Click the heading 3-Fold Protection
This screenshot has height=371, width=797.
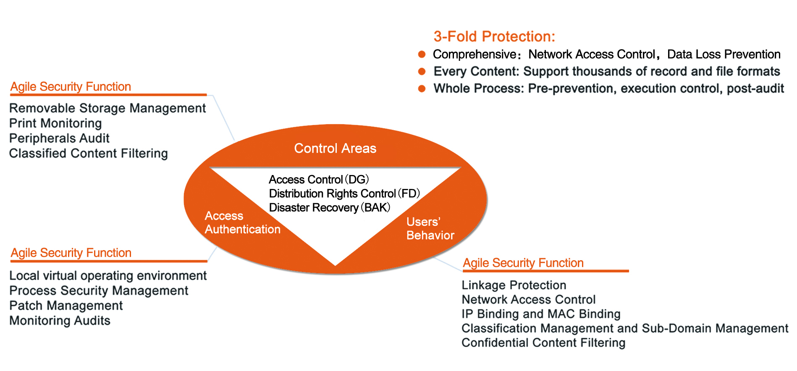(x=494, y=37)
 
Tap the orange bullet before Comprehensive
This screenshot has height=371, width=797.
(x=422, y=54)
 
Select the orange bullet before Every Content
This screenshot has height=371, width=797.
(x=422, y=71)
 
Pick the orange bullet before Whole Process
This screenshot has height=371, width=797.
(x=422, y=89)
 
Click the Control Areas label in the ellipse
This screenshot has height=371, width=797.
(x=335, y=148)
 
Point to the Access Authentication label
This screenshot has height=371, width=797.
(x=242, y=222)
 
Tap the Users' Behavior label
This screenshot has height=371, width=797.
(x=430, y=228)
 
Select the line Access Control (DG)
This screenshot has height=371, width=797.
(x=319, y=180)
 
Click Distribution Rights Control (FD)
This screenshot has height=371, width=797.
(x=344, y=193)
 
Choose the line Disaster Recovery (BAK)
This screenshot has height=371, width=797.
(x=330, y=207)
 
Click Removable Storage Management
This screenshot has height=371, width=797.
(x=107, y=108)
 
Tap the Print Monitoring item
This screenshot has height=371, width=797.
(x=55, y=123)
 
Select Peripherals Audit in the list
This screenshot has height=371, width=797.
(x=59, y=138)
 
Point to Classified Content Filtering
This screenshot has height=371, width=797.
(x=89, y=154)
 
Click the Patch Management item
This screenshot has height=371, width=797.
(x=66, y=306)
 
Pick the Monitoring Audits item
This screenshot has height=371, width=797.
(x=60, y=321)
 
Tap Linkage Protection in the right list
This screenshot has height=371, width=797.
(x=514, y=285)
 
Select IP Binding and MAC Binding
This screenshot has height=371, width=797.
(x=541, y=314)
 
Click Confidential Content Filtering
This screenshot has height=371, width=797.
(x=543, y=343)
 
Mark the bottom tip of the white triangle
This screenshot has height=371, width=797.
(x=335, y=264)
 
